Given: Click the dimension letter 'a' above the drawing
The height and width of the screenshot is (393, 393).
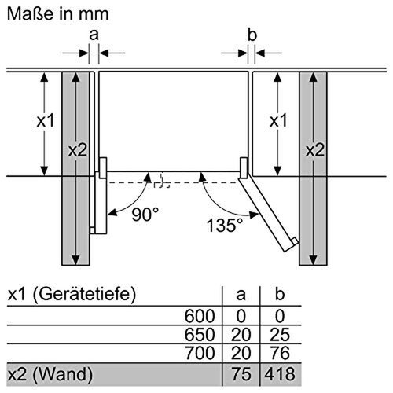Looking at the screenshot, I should [94, 35].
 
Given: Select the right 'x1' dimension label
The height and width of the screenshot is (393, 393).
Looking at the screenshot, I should [277, 122].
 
